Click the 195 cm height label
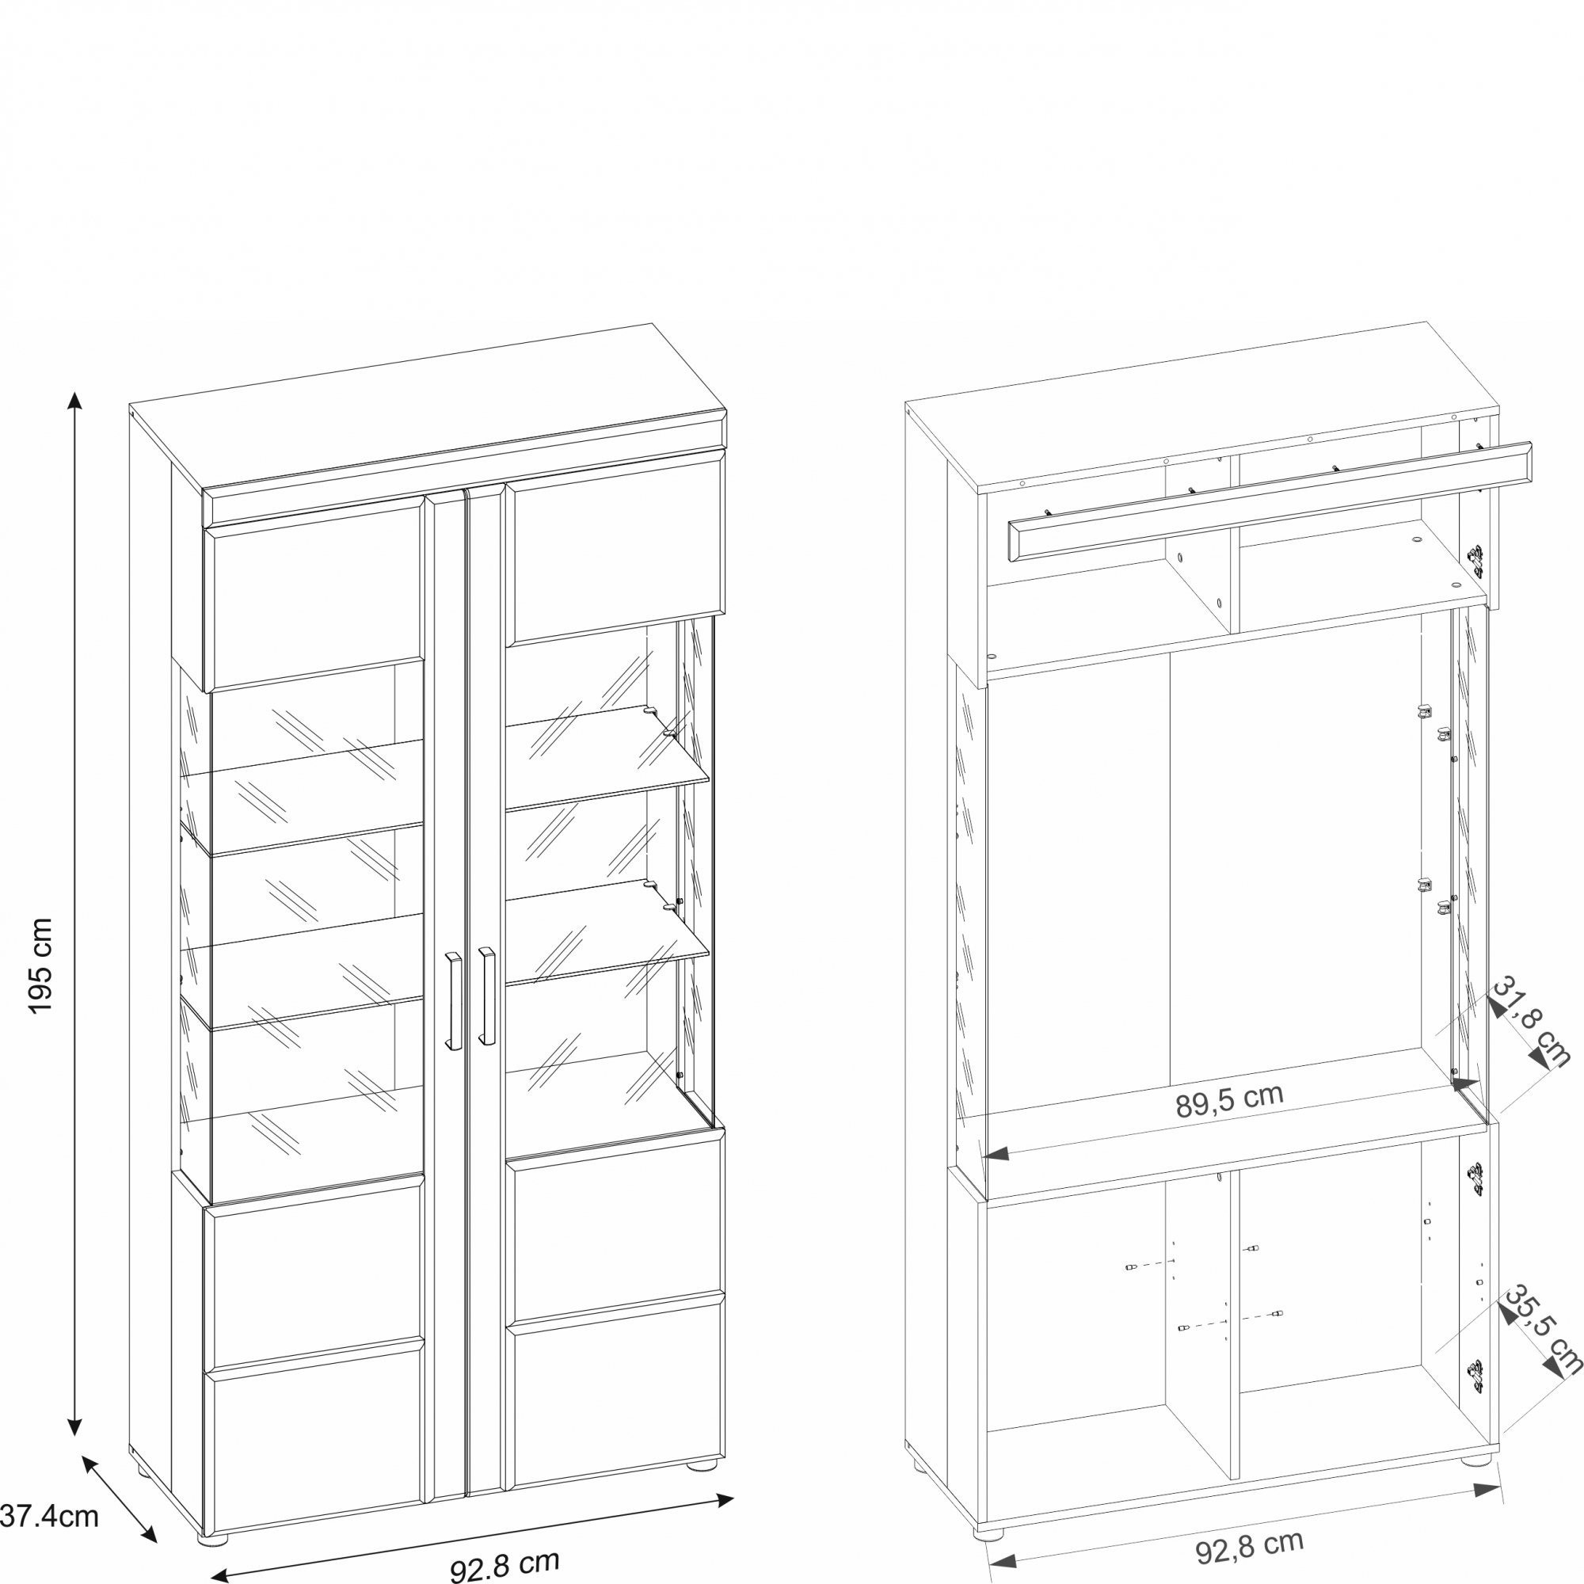point(40,965)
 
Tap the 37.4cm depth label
point(49,1516)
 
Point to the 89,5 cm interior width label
point(1229,1100)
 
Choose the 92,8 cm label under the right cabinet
point(1250,1546)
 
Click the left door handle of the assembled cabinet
point(453,1001)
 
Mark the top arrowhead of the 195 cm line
point(74,400)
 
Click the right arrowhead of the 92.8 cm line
point(725,1499)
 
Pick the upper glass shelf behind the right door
point(607,759)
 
